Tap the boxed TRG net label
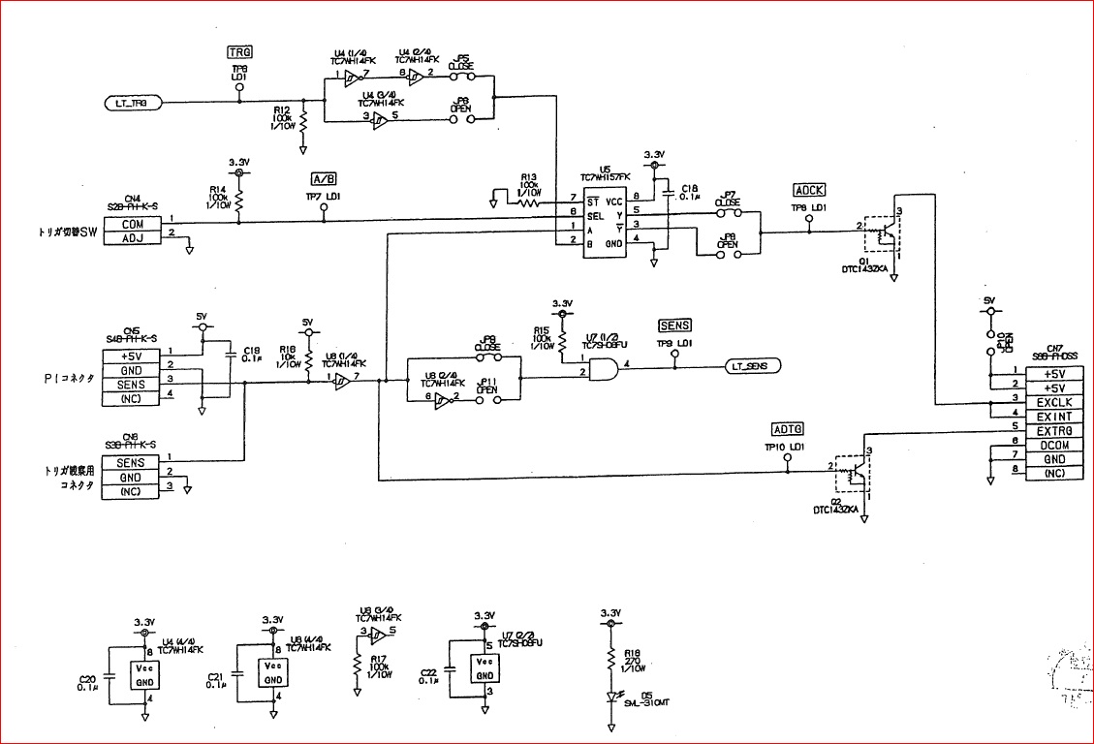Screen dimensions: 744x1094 [x=238, y=51]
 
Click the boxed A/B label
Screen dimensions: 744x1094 [x=324, y=179]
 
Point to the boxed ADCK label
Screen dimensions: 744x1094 [x=809, y=190]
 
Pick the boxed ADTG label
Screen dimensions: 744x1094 [x=788, y=429]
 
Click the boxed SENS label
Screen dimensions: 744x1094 [x=674, y=325]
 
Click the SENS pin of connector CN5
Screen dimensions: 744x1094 [x=133, y=384]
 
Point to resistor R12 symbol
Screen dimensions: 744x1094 [x=304, y=122]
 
